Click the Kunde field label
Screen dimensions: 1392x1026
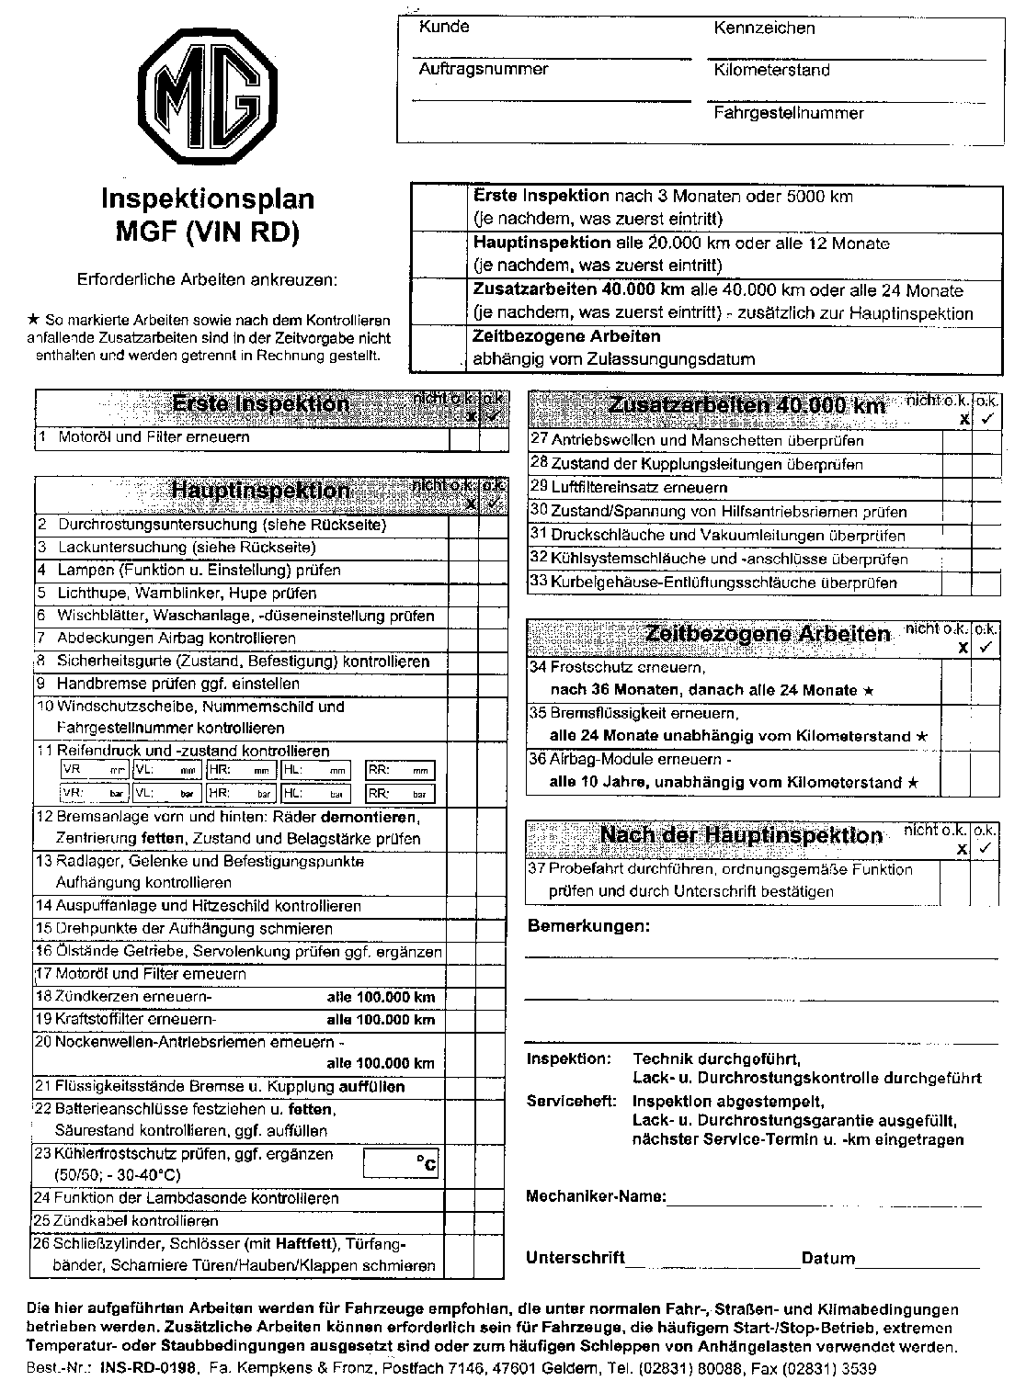pyautogui.click(x=444, y=27)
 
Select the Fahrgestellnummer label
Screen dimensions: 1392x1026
pyautogui.click(x=788, y=113)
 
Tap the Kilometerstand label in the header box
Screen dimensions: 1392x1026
pyautogui.click(x=771, y=70)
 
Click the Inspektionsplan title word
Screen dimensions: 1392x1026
pyautogui.click(x=207, y=199)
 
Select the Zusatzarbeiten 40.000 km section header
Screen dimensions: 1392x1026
pyautogui.click(x=747, y=406)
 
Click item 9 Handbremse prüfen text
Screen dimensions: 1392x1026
pyautogui.click(x=177, y=684)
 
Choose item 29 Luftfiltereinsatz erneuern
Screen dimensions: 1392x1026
pyautogui.click(x=639, y=488)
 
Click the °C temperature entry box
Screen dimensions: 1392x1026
pyautogui.click(x=401, y=1164)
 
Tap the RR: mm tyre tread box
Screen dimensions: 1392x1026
pyautogui.click(x=400, y=770)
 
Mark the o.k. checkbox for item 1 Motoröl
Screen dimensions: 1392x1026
pyautogui.click(x=494, y=438)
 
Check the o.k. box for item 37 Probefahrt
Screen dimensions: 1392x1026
pyautogui.click(x=986, y=881)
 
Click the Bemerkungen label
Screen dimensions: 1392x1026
pyautogui.click(x=588, y=926)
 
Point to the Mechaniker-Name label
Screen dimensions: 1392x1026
pyautogui.click(x=595, y=1196)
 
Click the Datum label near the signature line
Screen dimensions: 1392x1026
pyautogui.click(x=827, y=1259)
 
